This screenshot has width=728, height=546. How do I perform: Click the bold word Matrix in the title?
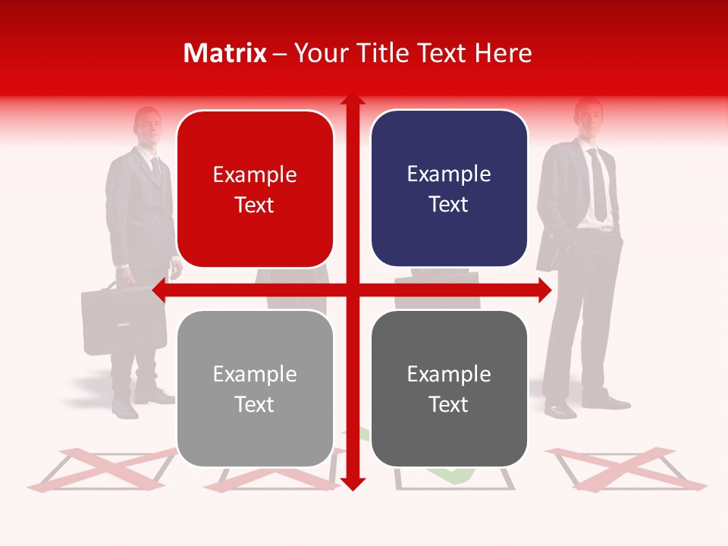coord(225,53)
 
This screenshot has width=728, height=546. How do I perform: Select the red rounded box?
coord(255,189)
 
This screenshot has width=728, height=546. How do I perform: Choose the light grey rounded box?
coord(255,388)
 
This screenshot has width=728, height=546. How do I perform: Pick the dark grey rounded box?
coord(449,388)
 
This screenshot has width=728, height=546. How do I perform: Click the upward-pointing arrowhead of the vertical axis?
coord(353,101)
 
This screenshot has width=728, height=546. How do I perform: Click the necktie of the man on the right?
coord(598,186)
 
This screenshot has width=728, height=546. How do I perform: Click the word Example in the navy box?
coord(449,174)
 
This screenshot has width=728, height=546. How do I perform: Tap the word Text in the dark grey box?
coord(449,405)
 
